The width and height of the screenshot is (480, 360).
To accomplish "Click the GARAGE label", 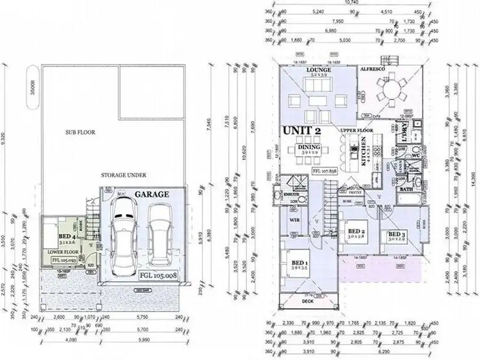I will click(x=151, y=194).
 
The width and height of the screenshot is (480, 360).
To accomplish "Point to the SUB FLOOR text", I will click(x=80, y=132).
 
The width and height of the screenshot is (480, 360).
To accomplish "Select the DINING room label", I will click(x=308, y=147).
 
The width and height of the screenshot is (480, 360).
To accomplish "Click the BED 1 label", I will click(x=299, y=263).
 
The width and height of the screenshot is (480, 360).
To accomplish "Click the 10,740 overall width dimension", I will click(x=351, y=3).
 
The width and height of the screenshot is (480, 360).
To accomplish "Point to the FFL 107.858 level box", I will click(x=326, y=171).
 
